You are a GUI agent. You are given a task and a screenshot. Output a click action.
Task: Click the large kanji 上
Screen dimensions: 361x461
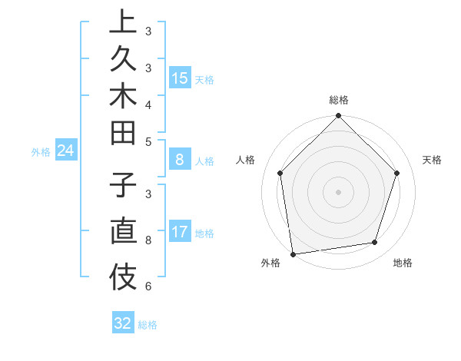[123, 22]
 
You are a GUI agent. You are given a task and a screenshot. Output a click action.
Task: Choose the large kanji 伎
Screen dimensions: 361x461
[123, 274]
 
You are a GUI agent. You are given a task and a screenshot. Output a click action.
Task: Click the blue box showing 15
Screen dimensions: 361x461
[180, 78]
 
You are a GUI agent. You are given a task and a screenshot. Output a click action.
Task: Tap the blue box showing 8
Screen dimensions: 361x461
[180, 161]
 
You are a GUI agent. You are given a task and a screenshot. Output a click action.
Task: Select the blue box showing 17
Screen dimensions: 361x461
[180, 232]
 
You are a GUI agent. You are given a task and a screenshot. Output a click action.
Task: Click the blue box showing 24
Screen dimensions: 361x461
[66, 151]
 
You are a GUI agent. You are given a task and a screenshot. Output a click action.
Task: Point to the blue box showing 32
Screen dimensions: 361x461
[123, 323]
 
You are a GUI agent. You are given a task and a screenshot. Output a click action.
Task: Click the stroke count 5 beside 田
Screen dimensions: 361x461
[148, 141]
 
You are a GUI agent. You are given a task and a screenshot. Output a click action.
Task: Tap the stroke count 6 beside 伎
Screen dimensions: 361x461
[148, 286]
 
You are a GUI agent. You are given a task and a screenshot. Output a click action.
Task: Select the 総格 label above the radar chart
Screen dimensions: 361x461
[338, 101]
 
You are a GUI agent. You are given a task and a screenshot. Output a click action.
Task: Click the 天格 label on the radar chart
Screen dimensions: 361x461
[432, 160]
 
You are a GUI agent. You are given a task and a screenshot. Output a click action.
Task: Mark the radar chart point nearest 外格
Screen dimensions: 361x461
[293, 253]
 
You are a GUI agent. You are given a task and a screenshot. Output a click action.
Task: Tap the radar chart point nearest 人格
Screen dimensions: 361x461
[280, 173]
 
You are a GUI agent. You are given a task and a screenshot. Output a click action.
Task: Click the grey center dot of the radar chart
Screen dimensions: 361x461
[338, 191]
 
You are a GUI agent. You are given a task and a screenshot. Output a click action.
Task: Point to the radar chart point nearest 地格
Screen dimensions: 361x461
[375, 243]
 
